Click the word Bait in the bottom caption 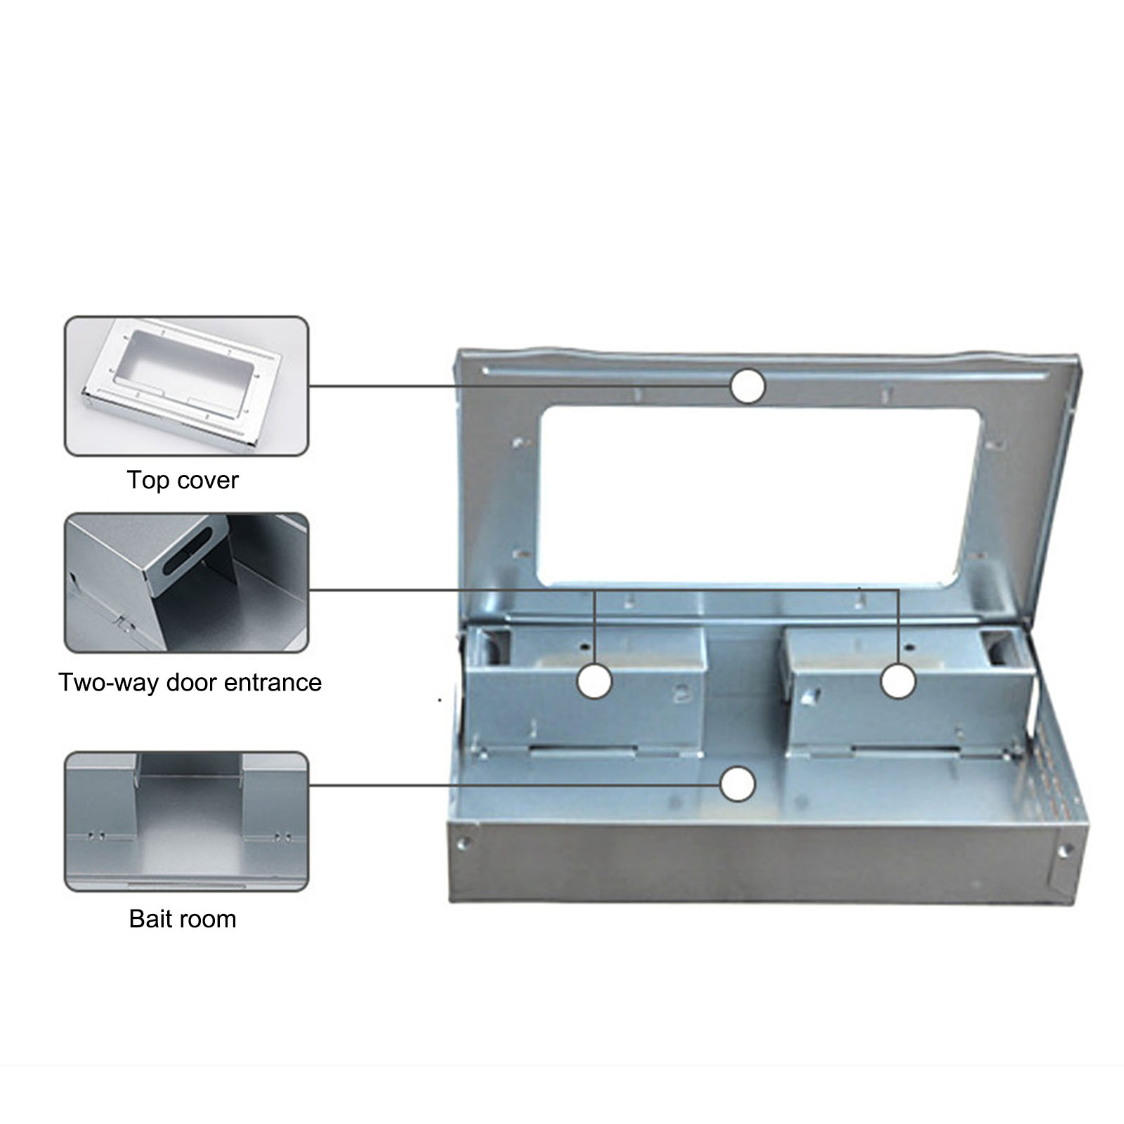(150, 919)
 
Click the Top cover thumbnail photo (187, 386)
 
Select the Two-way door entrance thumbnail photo (187, 582)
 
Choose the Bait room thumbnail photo (187, 821)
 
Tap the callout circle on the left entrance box (594, 681)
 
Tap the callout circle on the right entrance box (898, 681)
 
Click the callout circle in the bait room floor (738, 784)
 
